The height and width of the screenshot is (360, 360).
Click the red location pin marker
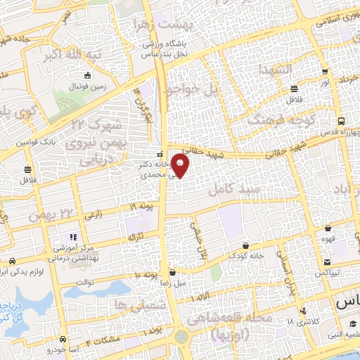point(181,166)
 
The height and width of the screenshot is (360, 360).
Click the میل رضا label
point(172,282)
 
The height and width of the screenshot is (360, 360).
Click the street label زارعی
point(94,217)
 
